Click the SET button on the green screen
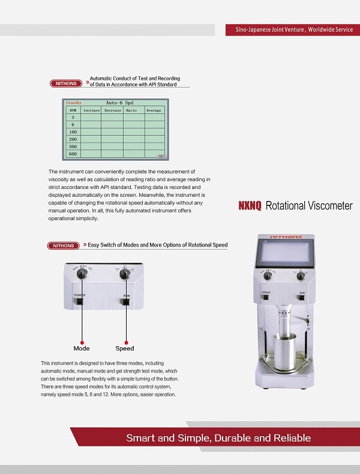(161, 156)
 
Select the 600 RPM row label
(73, 154)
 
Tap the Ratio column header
(131, 110)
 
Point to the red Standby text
(73, 103)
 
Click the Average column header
(154, 110)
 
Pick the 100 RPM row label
(73, 132)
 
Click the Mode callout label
(82, 349)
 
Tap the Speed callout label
(125, 349)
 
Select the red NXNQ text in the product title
(250, 206)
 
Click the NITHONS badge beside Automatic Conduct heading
(66, 83)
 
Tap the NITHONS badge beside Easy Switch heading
(64, 245)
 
